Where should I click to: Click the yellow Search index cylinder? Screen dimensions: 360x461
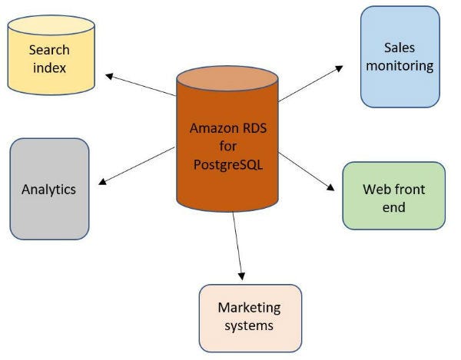50,58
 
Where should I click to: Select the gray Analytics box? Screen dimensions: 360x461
49,189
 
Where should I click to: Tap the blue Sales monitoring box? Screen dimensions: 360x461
400,57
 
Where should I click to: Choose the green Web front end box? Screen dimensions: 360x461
393,196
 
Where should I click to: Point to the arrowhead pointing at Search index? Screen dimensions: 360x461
110,75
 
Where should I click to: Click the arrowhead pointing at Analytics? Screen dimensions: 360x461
104,182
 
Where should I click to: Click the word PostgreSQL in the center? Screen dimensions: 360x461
227,163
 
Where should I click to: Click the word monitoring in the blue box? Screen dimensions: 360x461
400,65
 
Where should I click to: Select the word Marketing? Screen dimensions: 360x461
250,309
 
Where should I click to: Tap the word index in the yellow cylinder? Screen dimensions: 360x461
49,68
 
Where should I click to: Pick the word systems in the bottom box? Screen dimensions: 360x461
250,326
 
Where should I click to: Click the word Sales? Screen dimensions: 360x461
400,48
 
